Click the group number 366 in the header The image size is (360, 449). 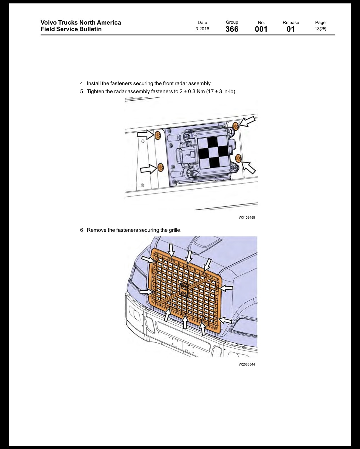click(x=232, y=29)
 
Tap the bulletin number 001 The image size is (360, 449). click(x=261, y=29)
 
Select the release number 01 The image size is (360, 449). click(x=291, y=29)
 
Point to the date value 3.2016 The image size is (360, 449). click(x=202, y=29)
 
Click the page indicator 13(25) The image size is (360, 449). click(x=320, y=29)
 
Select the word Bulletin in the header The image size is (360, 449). click(x=90, y=29)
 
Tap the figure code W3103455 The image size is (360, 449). click(x=247, y=217)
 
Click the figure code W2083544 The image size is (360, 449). click(x=247, y=364)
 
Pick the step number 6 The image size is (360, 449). click(x=81, y=230)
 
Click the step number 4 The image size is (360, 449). click(x=81, y=83)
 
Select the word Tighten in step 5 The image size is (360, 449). click(x=95, y=91)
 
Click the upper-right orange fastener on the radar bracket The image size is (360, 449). click(x=236, y=126)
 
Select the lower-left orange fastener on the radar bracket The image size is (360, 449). click(x=161, y=167)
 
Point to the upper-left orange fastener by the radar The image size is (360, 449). click(x=158, y=136)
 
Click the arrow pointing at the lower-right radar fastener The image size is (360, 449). click(x=249, y=167)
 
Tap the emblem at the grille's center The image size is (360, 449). click(x=184, y=290)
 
